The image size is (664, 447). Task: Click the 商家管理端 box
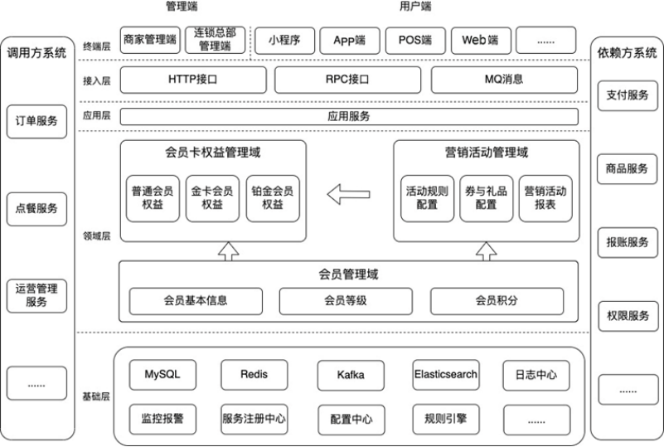coord(150,41)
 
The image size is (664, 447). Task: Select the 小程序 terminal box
coord(284,41)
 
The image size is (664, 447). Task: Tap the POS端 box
coord(415,41)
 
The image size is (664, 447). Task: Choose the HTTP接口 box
coord(193,80)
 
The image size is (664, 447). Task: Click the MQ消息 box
coord(504,80)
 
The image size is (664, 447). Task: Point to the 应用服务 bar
coord(349,116)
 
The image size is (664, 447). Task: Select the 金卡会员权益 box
coord(212,198)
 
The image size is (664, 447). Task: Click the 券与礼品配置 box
coord(486,198)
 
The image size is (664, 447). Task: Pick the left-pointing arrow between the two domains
coord(348,194)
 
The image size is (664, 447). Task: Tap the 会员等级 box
coord(346,301)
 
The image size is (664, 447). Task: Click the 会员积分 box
coord(497,301)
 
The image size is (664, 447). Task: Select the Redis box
coord(254,375)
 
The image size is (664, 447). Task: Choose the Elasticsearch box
coord(446,375)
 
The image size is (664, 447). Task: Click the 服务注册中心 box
coord(254,420)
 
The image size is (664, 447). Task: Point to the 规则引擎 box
coord(446,420)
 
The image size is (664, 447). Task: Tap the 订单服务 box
coord(36,122)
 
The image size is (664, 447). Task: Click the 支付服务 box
coord(628,95)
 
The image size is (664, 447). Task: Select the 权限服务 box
coord(628,316)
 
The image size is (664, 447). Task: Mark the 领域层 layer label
coord(96,236)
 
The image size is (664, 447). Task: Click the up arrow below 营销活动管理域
coord(486,251)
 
